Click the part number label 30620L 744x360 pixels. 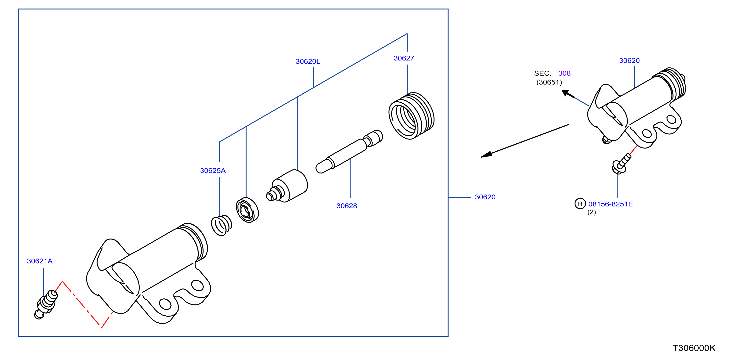pyautogui.click(x=308, y=62)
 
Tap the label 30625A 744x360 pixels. pyautogui.click(x=213, y=171)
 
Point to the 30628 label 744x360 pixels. pyautogui.click(x=347, y=206)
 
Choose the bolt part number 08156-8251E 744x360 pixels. pyautogui.click(x=611, y=204)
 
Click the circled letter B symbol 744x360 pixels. pyautogui.click(x=580, y=204)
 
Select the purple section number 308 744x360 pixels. pyautogui.click(x=564, y=74)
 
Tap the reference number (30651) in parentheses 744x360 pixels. pyautogui.click(x=549, y=82)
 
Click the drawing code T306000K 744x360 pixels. pyautogui.click(x=694, y=348)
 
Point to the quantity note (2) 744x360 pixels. pyautogui.click(x=591, y=212)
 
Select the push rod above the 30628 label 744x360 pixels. pyautogui.click(x=349, y=152)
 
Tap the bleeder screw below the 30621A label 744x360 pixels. pyautogui.click(x=46, y=304)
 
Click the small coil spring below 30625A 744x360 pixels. pyautogui.click(x=221, y=225)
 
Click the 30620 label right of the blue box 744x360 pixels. pyautogui.click(x=485, y=197)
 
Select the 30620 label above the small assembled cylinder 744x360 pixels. pyautogui.click(x=629, y=61)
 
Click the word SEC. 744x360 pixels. pyautogui.click(x=543, y=74)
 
